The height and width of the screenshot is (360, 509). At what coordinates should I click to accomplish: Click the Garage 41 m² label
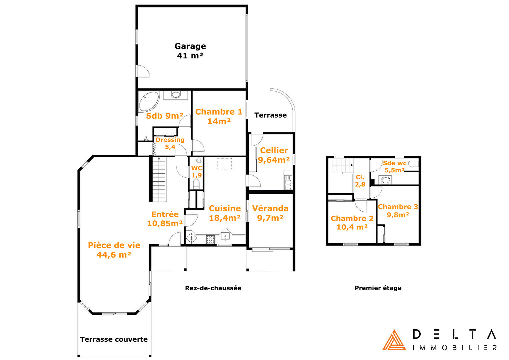[x=190, y=51]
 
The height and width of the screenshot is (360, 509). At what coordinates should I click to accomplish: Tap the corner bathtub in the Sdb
[x=149, y=101]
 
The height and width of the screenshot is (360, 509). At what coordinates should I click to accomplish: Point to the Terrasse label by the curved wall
[x=270, y=115]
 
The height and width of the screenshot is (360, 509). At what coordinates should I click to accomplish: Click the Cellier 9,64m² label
[x=274, y=155]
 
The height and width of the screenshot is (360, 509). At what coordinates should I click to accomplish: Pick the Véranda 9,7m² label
[x=270, y=213]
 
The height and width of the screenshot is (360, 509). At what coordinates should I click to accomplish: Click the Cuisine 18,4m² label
[x=225, y=213]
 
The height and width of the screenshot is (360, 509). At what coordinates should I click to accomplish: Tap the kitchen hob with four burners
[x=210, y=239]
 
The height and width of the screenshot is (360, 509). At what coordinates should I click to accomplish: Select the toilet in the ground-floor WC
[x=196, y=184]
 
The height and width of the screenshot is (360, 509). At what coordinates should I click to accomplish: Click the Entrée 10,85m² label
[x=165, y=219]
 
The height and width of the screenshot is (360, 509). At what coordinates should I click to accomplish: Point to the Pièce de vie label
[x=114, y=245]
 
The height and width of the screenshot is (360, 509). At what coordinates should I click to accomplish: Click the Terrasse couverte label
[x=114, y=339]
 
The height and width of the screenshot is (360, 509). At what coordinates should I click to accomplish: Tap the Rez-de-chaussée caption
[x=213, y=288]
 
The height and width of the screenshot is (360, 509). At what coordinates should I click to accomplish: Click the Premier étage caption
[x=378, y=288]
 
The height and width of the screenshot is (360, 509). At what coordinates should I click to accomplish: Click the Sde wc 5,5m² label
[x=394, y=166]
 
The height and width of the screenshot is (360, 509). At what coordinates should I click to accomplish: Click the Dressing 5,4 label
[x=170, y=143]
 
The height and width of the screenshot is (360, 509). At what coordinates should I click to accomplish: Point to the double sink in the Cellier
[x=288, y=182]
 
